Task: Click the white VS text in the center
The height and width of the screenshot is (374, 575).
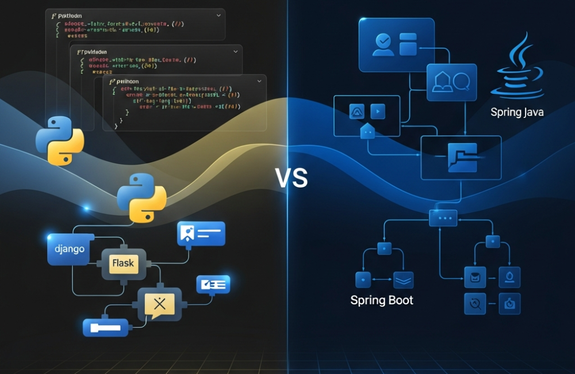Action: click(292, 179)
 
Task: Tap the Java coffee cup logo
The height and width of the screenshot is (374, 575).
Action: click(517, 66)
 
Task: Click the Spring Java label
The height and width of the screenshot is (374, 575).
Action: click(517, 112)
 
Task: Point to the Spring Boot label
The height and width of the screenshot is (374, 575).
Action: click(381, 300)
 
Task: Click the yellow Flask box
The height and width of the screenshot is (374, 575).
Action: click(123, 264)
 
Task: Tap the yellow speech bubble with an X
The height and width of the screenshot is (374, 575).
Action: click(159, 304)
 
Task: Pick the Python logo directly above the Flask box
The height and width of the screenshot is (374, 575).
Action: click(141, 196)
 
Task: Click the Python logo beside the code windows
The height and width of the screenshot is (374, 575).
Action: click(60, 140)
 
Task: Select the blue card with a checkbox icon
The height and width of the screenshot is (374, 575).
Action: click(213, 284)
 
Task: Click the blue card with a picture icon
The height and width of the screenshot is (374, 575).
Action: click(201, 234)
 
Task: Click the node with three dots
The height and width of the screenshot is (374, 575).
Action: click(443, 218)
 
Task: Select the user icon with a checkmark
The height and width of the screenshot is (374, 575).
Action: click(382, 44)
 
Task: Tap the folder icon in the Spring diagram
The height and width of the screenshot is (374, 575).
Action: click(461, 158)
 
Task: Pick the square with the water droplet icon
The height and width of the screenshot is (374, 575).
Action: click(509, 277)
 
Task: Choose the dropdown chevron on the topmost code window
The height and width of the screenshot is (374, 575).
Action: click(218, 16)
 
